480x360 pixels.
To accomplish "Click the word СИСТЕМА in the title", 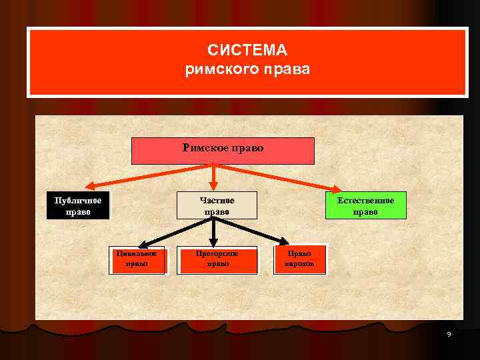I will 247,51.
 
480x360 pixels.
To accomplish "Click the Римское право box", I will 223,151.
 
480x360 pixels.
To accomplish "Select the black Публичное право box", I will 78,206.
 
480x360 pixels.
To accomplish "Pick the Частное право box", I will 217,206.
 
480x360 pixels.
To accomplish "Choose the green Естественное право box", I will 365,206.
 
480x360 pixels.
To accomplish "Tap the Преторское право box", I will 217,259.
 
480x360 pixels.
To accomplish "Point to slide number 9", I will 449,333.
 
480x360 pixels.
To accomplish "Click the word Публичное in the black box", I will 78,201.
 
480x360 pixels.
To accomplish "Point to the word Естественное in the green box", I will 365,201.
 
